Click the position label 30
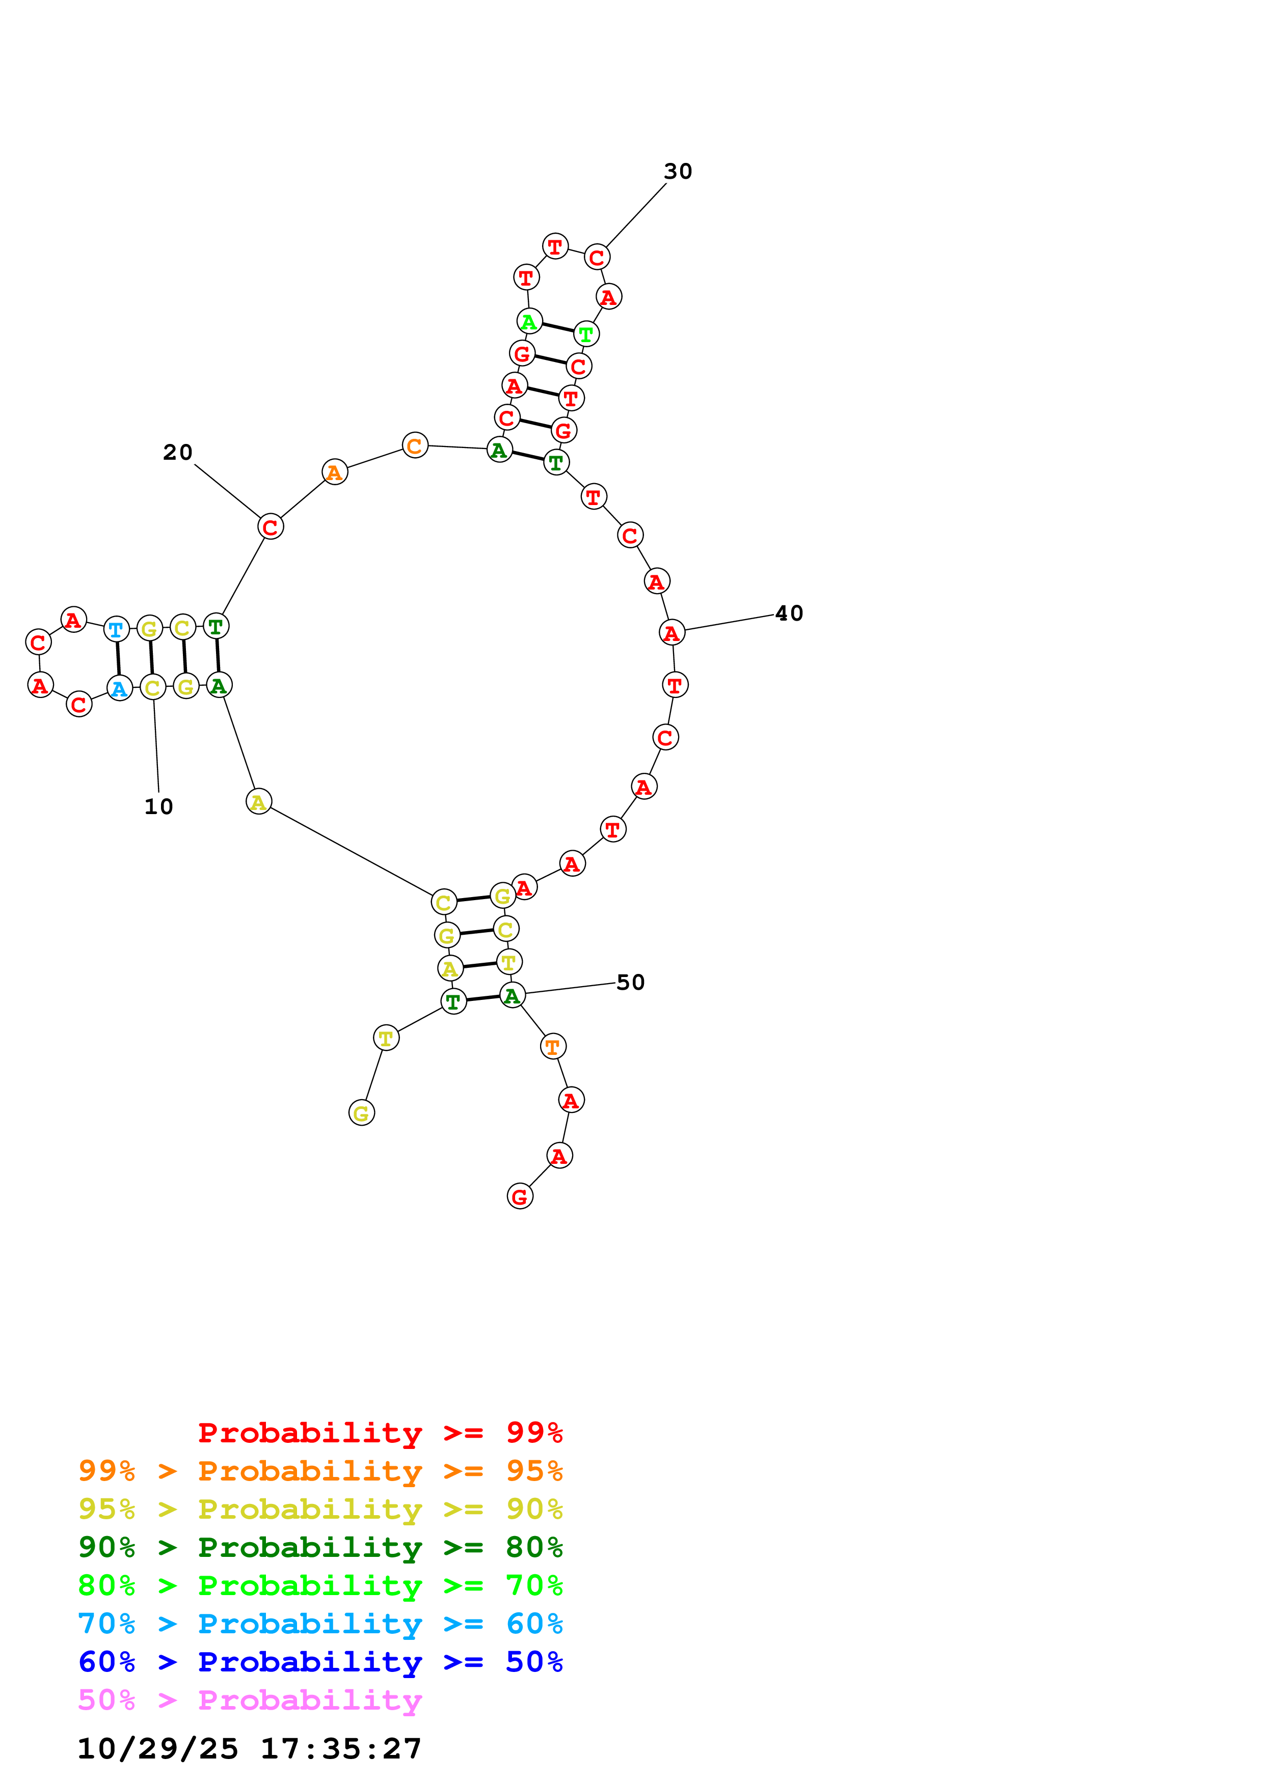point(677,171)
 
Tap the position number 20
point(177,452)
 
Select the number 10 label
point(159,806)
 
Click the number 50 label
point(630,983)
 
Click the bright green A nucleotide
point(529,321)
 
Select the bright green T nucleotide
point(586,334)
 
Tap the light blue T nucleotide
point(116,629)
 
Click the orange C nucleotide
point(415,445)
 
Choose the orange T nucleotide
point(552,1047)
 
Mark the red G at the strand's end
point(520,1196)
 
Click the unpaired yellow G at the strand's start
point(361,1113)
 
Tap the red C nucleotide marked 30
point(597,258)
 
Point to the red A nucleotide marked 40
point(671,633)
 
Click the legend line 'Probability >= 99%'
point(380,1433)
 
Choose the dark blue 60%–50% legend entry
point(320,1662)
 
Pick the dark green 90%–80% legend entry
point(320,1547)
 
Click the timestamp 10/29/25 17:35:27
point(249,1749)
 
